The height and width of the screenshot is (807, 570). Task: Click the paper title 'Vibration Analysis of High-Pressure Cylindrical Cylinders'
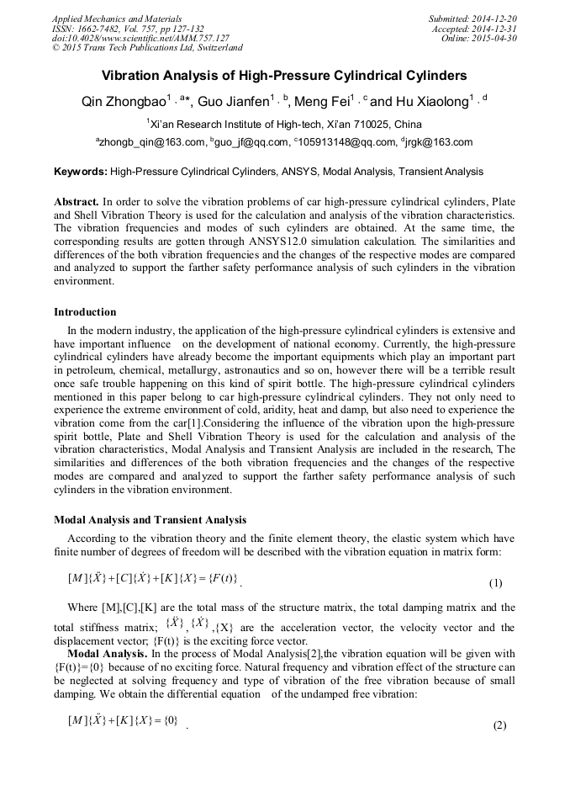(x=284, y=76)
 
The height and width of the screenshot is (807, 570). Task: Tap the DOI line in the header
(x=140, y=39)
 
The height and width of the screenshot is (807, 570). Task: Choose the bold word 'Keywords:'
(x=81, y=172)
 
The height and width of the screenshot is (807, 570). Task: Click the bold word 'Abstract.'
(x=76, y=203)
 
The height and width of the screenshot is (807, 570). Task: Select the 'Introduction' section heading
(x=85, y=312)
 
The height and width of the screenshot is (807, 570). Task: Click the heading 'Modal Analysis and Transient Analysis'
(x=150, y=519)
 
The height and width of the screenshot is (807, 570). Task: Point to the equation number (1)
(x=495, y=583)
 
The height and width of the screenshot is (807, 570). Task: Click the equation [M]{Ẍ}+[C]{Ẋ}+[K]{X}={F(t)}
(x=153, y=578)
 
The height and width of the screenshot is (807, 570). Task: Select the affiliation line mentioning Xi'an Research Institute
(x=283, y=124)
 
